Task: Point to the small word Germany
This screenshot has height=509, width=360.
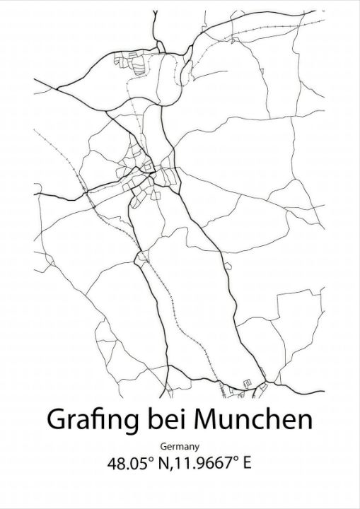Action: click(180, 446)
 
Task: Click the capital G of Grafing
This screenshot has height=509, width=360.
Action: click(56, 419)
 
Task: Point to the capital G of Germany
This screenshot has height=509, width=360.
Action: click(164, 446)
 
